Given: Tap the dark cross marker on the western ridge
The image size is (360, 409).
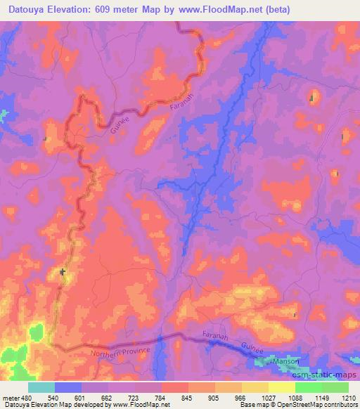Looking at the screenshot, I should click(x=63, y=271).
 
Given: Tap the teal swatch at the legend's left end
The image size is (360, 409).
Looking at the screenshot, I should click(x=41, y=387).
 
